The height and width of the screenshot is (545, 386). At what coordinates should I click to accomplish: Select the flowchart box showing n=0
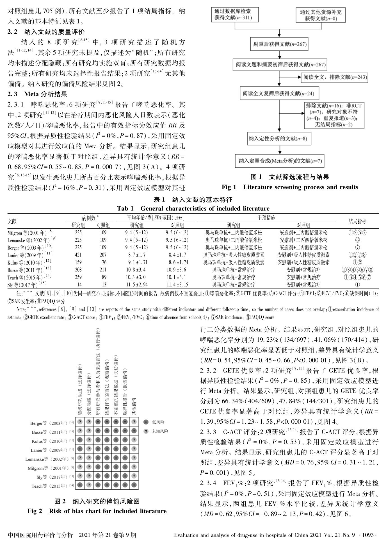pos(321,15)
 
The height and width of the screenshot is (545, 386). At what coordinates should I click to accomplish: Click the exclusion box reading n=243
pos(335,77)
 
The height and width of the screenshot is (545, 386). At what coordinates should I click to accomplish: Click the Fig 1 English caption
pos(290,187)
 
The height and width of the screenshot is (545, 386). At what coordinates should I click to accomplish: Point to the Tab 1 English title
pos(193,208)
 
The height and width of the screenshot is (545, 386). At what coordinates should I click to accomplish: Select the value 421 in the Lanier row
pos(78,255)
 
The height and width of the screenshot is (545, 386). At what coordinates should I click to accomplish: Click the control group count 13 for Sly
pos(103,284)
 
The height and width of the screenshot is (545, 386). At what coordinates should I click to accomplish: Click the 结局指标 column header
pos(357,221)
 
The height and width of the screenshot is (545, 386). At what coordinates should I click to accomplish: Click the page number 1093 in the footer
pos(368,535)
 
